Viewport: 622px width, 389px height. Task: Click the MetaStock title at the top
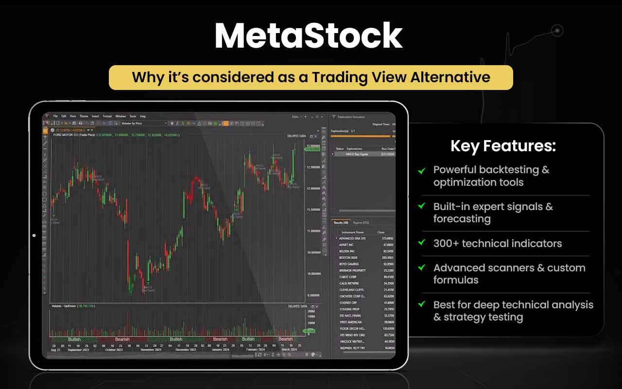(x=309, y=36)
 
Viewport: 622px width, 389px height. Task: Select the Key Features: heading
(x=503, y=146)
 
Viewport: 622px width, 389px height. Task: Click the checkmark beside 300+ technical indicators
(x=422, y=242)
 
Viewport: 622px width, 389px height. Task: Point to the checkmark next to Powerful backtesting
(x=422, y=170)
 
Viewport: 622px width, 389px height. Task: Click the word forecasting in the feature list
(x=462, y=219)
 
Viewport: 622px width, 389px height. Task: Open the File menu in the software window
(x=55, y=116)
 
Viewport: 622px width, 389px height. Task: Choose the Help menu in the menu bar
(x=143, y=116)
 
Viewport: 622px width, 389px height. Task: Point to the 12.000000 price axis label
(x=313, y=188)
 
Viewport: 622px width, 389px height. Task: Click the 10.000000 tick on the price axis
(x=313, y=274)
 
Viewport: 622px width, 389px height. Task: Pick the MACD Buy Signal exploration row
(x=357, y=154)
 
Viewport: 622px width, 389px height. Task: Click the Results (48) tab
(x=341, y=223)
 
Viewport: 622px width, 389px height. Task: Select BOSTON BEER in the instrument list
(x=349, y=258)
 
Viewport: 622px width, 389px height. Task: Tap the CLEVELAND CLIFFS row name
(x=351, y=290)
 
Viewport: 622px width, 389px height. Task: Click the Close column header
(x=381, y=232)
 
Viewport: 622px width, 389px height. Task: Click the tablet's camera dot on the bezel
(x=34, y=235)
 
